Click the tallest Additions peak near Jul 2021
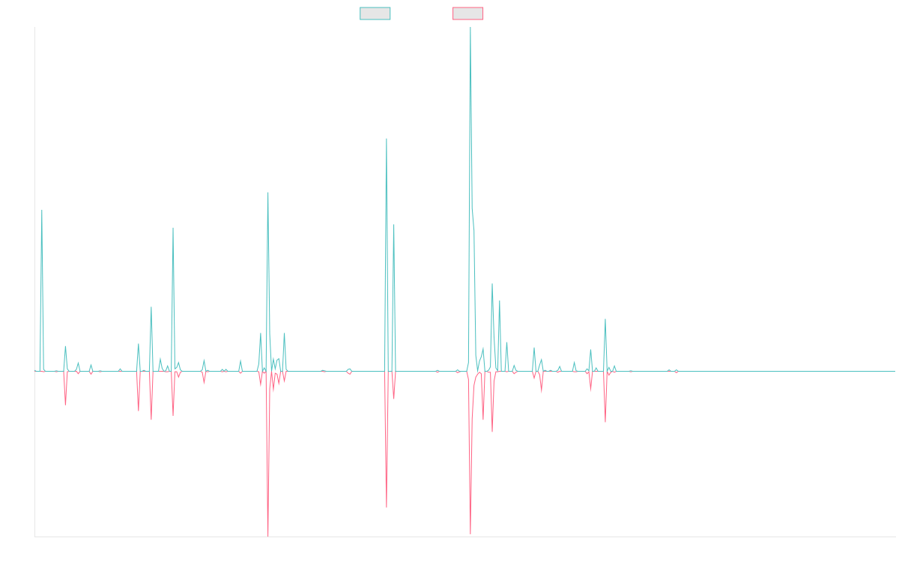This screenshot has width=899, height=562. [x=470, y=28]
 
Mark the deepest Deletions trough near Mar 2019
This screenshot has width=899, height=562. [x=268, y=535]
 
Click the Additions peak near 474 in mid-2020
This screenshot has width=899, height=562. [x=387, y=139]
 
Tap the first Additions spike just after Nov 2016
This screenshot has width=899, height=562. [x=42, y=211]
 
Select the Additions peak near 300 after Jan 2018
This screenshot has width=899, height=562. [x=173, y=228]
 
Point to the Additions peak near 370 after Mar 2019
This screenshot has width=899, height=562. [x=268, y=193]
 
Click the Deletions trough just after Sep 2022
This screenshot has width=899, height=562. [x=605, y=421]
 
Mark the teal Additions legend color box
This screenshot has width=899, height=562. [x=375, y=13]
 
